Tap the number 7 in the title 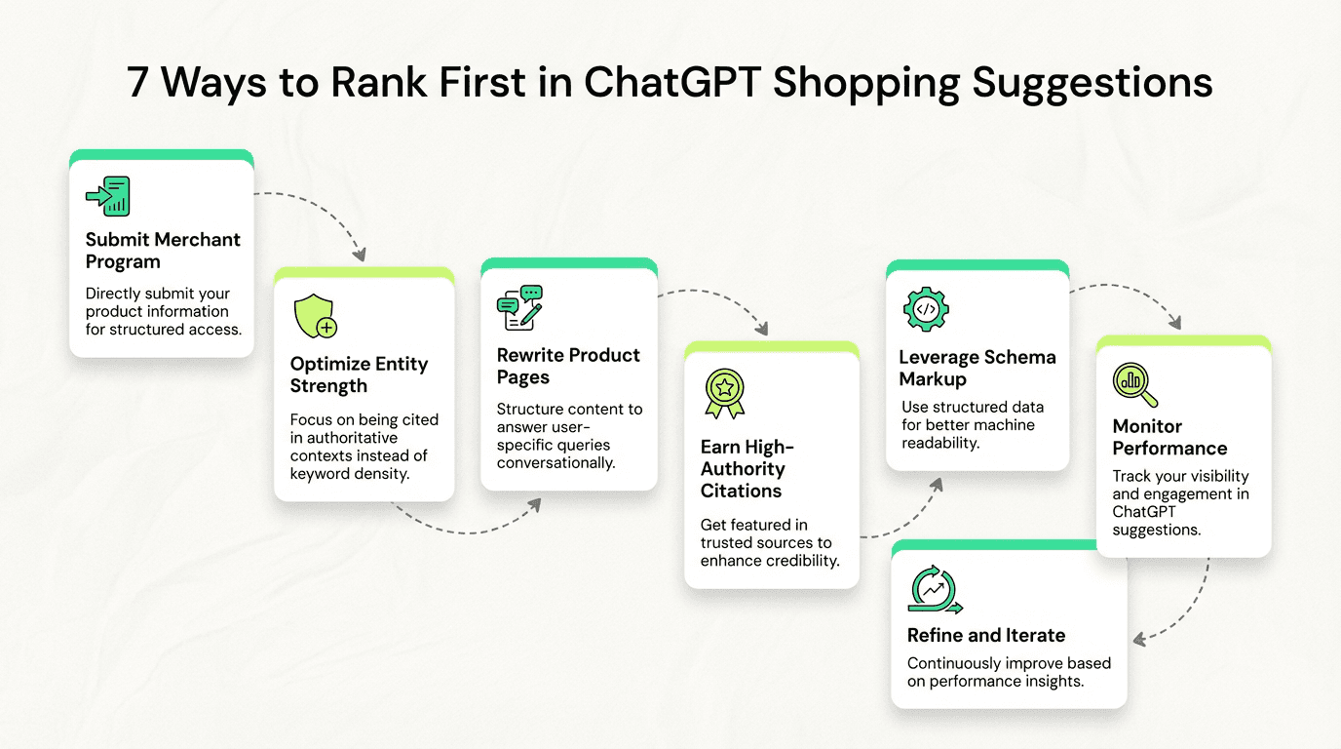(x=139, y=83)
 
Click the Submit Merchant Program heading (x=163, y=251)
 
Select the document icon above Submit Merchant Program (x=108, y=196)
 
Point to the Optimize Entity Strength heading (x=359, y=374)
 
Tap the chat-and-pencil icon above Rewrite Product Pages (x=519, y=307)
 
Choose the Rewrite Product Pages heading (x=568, y=366)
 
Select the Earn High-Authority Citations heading (x=747, y=468)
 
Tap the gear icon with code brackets (x=926, y=309)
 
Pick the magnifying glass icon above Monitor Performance (x=1135, y=384)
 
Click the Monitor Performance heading (x=1169, y=437)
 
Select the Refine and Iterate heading (x=986, y=635)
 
